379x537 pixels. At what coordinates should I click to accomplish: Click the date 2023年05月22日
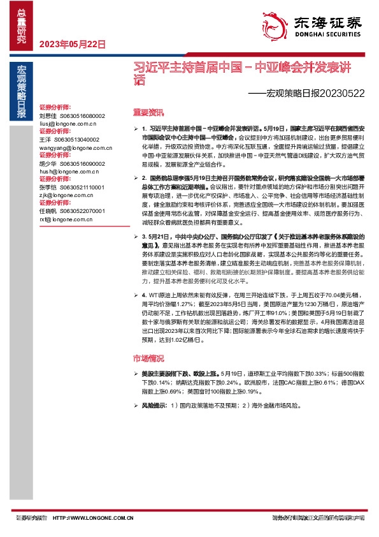(71, 44)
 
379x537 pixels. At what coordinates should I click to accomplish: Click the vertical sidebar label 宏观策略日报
(22, 92)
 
